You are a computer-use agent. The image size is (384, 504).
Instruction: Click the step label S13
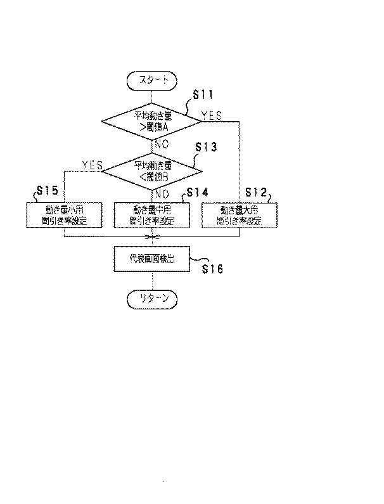tap(205, 147)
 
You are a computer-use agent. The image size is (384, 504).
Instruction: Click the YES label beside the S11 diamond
tap(212, 115)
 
